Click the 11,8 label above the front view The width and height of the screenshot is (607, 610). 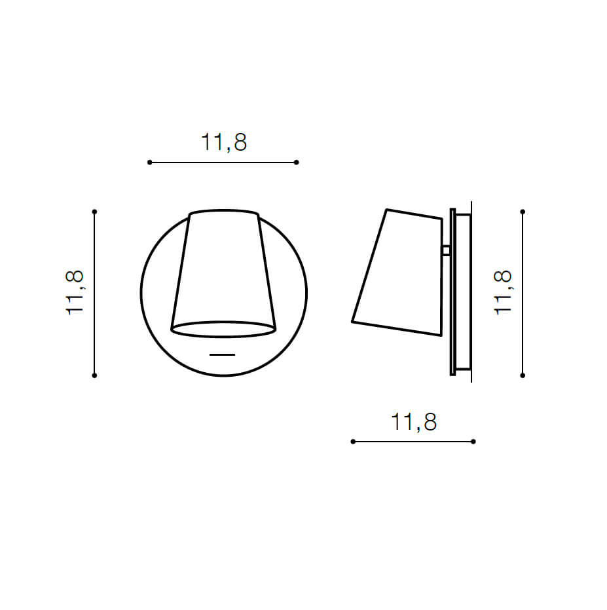pyautogui.click(x=224, y=142)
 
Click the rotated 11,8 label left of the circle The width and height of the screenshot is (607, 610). pyautogui.click(x=75, y=293)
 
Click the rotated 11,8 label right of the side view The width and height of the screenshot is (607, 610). pyautogui.click(x=503, y=293)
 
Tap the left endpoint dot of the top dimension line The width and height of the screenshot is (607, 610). pyautogui.click(x=150, y=162)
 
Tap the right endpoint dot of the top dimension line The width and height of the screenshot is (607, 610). pyautogui.click(x=297, y=162)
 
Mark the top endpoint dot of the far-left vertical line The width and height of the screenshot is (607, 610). pyautogui.click(x=95, y=212)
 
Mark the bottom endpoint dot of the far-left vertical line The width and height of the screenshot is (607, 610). pyautogui.click(x=95, y=375)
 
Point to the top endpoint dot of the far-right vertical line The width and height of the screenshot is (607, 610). pyautogui.click(x=523, y=212)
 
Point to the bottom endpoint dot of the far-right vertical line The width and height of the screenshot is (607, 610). pyautogui.click(x=523, y=375)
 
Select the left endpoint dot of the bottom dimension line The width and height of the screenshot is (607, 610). pyautogui.click(x=353, y=442)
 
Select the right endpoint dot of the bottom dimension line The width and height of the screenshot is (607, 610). pyautogui.click(x=473, y=442)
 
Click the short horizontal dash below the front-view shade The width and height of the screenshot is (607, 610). pyautogui.click(x=223, y=354)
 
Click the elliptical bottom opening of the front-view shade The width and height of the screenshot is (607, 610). pyautogui.click(x=223, y=329)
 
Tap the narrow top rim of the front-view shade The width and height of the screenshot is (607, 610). pyautogui.click(x=223, y=213)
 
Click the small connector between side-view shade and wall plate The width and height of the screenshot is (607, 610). pyautogui.click(x=445, y=250)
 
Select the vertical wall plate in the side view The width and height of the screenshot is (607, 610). pyautogui.click(x=453, y=292)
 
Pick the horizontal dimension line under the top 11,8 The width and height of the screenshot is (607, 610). pyautogui.click(x=223, y=162)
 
